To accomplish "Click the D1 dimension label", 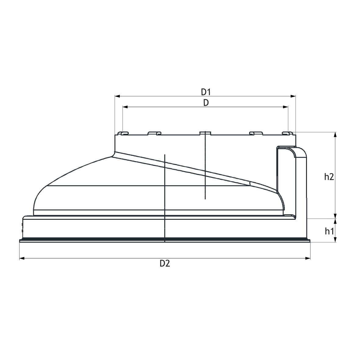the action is point(206,92).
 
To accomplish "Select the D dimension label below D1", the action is point(206,103).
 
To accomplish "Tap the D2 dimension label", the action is point(165,264).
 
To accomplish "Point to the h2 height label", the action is point(329,177).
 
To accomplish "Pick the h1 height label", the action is point(329,231).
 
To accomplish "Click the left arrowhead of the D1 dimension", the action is point(117,96).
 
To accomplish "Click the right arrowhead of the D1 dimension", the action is point(293,96).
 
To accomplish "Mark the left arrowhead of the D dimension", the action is point(125,107).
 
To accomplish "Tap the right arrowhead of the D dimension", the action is point(285,107).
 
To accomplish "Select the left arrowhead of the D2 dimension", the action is point(22,258).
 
